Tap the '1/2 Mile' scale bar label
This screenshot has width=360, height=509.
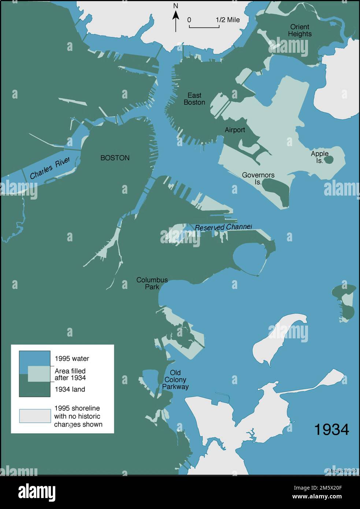click(x=227, y=20)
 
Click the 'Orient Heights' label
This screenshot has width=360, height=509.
click(x=300, y=30)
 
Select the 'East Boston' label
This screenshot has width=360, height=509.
click(x=194, y=99)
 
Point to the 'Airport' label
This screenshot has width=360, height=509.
click(x=235, y=130)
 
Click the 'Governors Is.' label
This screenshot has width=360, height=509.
click(x=258, y=178)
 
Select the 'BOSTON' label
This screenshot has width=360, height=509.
click(x=115, y=158)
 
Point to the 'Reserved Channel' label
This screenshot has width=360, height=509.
click(x=223, y=227)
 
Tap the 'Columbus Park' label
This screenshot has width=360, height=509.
click(x=152, y=283)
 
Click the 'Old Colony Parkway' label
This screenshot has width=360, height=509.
click(x=175, y=380)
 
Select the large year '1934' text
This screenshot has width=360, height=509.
click(x=331, y=430)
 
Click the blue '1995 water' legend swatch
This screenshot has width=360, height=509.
click(x=34, y=358)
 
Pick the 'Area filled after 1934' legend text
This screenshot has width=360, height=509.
click(x=70, y=374)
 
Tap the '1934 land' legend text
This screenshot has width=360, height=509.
click(x=70, y=389)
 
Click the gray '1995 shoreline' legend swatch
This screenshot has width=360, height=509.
click(x=35, y=416)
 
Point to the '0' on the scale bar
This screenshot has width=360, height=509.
click(x=189, y=20)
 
